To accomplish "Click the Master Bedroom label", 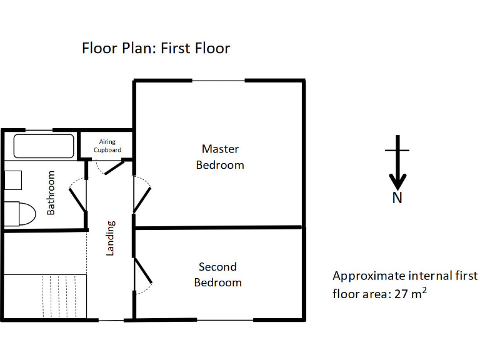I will click(x=220, y=157).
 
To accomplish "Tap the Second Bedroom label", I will click(x=217, y=274).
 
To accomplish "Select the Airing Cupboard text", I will click(x=107, y=146).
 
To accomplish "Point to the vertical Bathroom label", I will click(x=51, y=192).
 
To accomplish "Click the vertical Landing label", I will click(x=110, y=237).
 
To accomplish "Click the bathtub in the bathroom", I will click(x=43, y=146).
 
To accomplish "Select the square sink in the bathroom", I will click(x=13, y=179).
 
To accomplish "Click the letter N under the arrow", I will click(x=397, y=198).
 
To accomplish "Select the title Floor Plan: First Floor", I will click(x=156, y=48).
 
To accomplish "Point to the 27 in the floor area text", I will click(x=401, y=292).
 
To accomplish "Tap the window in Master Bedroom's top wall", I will click(x=218, y=81).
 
